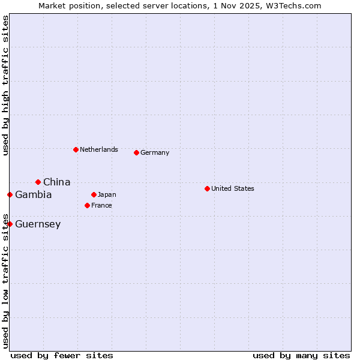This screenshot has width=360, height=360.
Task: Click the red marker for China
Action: pos(38,182)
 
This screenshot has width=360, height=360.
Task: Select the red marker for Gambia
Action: pos(10,194)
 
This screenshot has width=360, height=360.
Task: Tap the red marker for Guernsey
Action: pos(10,224)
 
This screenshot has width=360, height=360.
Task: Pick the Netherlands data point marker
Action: pos(76,149)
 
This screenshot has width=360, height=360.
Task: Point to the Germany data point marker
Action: pos(136,152)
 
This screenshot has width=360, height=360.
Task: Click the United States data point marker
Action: pos(207,188)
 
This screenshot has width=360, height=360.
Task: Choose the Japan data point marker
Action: pos(94,194)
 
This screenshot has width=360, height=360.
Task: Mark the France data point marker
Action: pos(87,205)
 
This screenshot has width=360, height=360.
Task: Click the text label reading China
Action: pos(56,182)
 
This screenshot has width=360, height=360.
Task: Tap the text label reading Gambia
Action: pos(34,194)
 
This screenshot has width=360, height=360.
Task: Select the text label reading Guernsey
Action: pos(38,224)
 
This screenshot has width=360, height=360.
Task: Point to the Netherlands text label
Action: pos(99,149)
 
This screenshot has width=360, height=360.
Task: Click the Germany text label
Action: pos(155,152)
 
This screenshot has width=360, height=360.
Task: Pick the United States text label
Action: pos(233,188)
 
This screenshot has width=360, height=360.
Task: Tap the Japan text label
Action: pos(107,194)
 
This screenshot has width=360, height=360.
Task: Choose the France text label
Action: pos(101,205)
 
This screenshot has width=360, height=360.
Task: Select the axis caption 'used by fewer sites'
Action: pos(62,355)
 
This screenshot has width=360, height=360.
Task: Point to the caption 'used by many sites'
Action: pos(301,355)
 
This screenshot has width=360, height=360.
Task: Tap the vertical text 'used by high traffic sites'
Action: pos(5,86)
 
